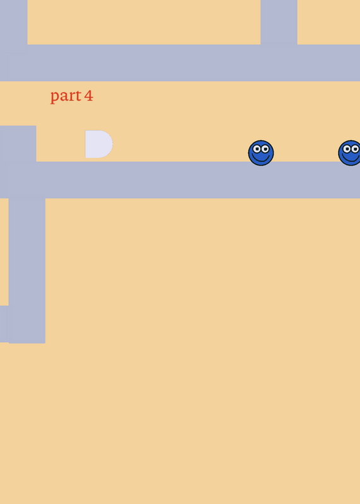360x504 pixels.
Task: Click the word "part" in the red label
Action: click(66, 96)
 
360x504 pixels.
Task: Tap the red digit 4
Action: click(89, 96)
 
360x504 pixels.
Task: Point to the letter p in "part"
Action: click(55, 98)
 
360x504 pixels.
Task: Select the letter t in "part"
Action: click(78, 96)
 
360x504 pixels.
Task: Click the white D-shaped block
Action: click(99, 144)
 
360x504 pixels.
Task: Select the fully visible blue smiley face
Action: click(261, 153)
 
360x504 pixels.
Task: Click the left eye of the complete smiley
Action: click(257, 149)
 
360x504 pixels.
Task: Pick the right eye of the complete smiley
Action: click(265, 149)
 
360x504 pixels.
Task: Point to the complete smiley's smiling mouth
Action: click(261, 158)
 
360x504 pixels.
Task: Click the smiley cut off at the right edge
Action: click(349, 153)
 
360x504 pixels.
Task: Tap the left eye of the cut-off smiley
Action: click(347, 149)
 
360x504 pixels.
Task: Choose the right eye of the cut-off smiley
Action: click(355, 149)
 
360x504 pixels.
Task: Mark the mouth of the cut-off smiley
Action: click(351, 158)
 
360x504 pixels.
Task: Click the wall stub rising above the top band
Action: click(279, 22)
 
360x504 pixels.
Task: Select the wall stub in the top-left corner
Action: click(13, 22)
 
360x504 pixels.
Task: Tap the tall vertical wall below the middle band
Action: click(27, 271)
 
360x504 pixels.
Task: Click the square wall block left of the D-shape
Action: click(18, 144)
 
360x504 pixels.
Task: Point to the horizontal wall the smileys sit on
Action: click(180, 180)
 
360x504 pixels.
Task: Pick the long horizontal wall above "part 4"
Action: click(180, 62)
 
